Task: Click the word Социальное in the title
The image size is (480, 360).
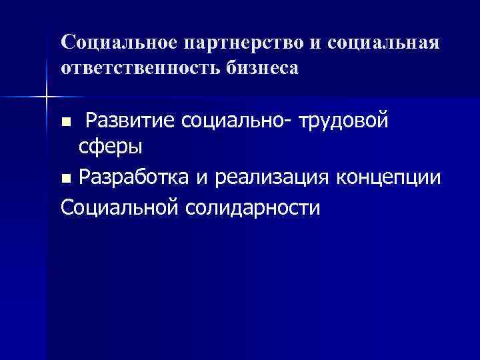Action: coord(117,43)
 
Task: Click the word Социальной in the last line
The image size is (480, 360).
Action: coord(119,207)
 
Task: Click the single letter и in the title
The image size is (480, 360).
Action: coord(315,43)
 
